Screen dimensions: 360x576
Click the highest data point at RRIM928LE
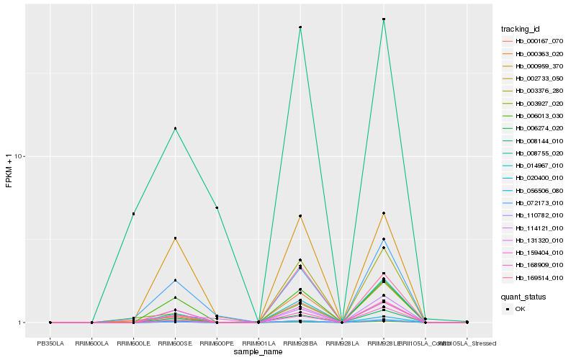click(x=384, y=19)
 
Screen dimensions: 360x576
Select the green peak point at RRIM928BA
click(x=300, y=27)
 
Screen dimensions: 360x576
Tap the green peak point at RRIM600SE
click(x=175, y=129)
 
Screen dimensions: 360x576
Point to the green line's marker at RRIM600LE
click(x=133, y=214)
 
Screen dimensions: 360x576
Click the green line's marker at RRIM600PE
click(x=217, y=207)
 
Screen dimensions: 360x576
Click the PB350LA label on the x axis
click(x=50, y=343)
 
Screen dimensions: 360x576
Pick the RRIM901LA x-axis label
click(x=258, y=343)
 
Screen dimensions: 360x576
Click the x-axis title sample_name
click(x=258, y=352)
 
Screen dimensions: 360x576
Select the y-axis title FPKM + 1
click(x=9, y=171)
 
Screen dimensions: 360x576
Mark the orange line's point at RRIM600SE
click(x=175, y=238)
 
